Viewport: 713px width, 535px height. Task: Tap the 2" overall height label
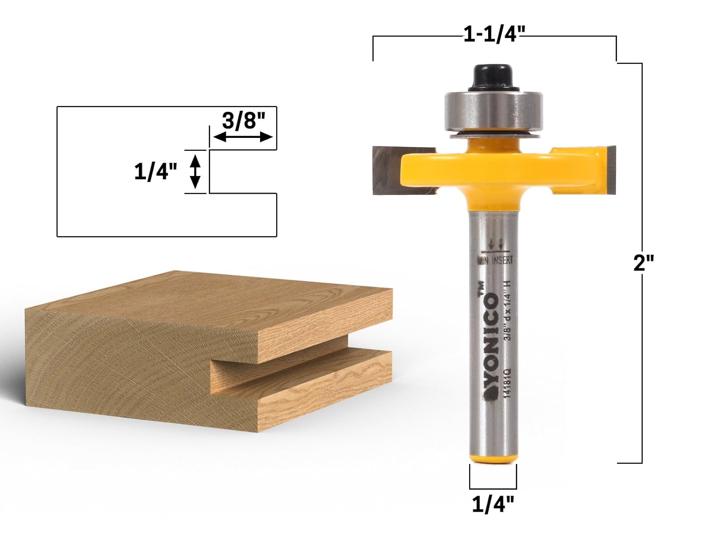point(644,263)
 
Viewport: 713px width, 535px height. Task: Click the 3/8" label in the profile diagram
point(243,121)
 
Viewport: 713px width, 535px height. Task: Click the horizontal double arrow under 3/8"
point(243,137)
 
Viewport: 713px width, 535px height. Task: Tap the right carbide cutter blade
point(609,170)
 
